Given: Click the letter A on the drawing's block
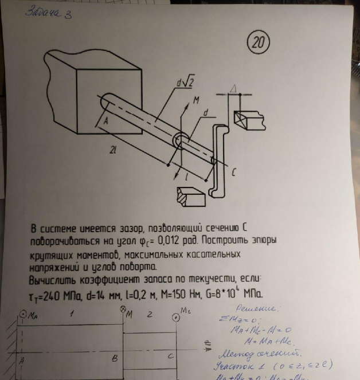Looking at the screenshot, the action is [105, 122].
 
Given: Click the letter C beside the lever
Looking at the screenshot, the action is [233, 171].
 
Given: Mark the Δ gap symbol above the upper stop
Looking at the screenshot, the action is [234, 88].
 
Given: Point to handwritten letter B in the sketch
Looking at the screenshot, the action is [115, 358].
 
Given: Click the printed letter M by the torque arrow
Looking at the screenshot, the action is [195, 100].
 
